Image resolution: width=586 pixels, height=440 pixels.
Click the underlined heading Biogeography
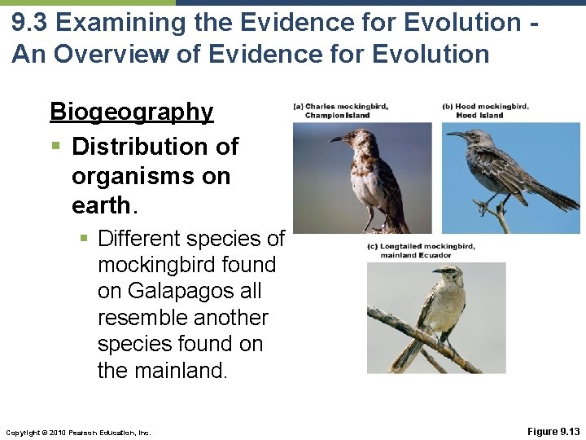click(131, 112)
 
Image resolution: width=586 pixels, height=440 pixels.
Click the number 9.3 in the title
click(33, 23)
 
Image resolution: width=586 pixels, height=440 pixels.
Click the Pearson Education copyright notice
click(77, 431)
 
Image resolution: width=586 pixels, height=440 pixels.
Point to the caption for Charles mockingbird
click(341, 111)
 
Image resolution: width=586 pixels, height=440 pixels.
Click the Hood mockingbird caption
click(485, 111)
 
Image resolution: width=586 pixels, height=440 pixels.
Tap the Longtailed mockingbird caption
click(421, 251)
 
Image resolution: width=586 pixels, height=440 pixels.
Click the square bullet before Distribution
click(55, 147)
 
